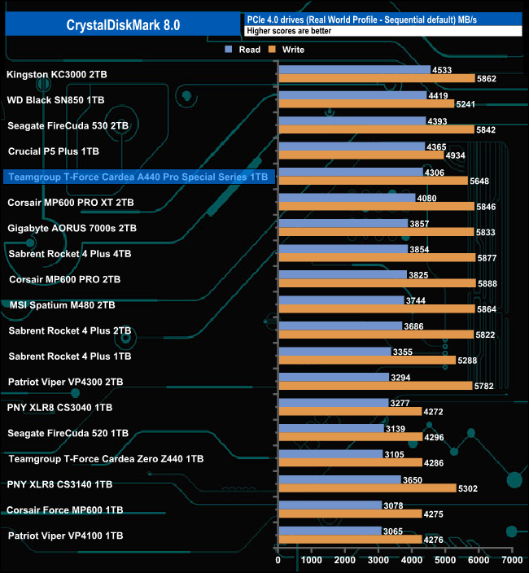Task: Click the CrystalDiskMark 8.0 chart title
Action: (x=123, y=24)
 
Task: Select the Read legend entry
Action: (x=244, y=50)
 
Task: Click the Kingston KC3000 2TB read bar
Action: (x=354, y=70)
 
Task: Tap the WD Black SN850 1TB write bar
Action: (x=365, y=104)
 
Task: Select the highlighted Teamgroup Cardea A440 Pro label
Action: (x=138, y=177)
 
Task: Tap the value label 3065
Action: (x=393, y=531)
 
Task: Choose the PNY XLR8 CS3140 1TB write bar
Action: (x=366, y=488)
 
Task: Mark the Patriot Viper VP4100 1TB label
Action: (x=65, y=536)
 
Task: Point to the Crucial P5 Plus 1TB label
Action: (x=53, y=151)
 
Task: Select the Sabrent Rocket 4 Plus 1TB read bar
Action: (x=334, y=352)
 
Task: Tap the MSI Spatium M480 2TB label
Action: (x=62, y=305)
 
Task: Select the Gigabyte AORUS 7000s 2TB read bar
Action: (x=343, y=223)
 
